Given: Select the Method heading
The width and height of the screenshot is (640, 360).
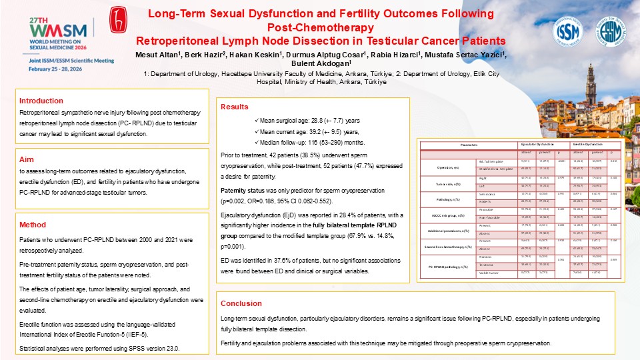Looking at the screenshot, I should (x=33, y=225).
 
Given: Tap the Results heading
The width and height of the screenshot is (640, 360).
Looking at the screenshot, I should (x=235, y=107).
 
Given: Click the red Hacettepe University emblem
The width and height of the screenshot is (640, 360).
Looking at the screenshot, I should (x=120, y=23).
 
